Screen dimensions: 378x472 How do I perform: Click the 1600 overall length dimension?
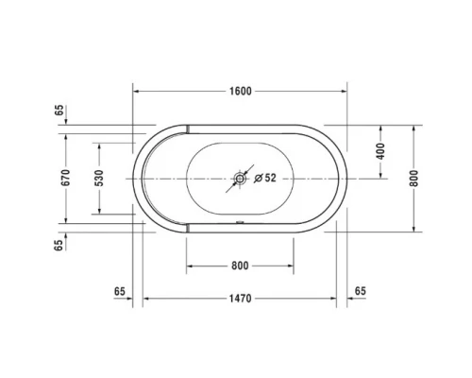(241, 91)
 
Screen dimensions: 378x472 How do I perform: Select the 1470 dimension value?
(241, 300)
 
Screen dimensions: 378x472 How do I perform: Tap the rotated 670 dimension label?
(67, 177)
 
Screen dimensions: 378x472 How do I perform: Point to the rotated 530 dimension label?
(99, 177)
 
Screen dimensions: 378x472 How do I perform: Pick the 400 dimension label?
(381, 151)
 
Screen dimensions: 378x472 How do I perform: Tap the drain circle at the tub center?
(241, 178)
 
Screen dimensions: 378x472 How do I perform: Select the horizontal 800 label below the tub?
(240, 266)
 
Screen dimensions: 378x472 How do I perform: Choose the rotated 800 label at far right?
(413, 178)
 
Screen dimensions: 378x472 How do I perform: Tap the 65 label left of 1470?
(119, 290)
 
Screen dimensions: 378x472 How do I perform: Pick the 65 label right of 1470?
(362, 290)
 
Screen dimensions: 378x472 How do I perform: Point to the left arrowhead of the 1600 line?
(135, 91)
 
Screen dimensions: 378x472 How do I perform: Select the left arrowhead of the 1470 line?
(145, 300)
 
